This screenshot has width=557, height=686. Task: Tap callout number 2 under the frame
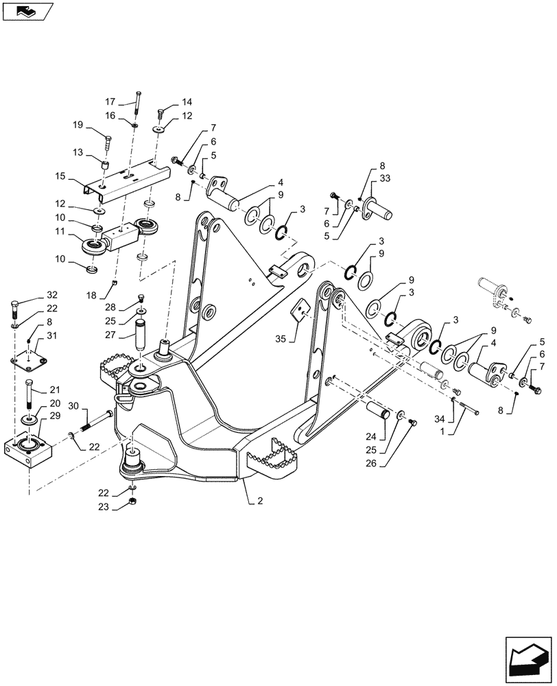tap(260, 501)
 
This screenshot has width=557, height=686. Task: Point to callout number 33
tap(383, 178)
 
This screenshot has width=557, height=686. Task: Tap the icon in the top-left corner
tap(25, 10)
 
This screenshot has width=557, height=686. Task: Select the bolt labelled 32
tap(16, 308)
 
